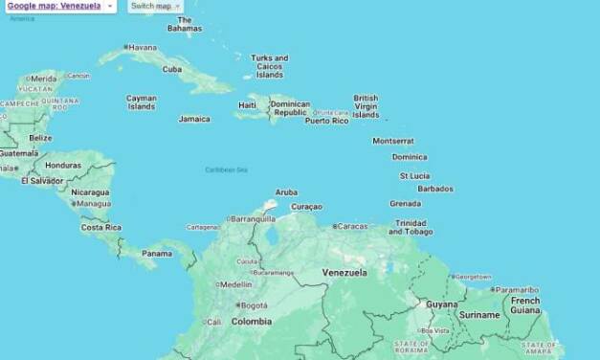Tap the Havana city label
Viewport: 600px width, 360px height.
click(x=143, y=47)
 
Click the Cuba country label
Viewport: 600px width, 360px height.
click(x=172, y=69)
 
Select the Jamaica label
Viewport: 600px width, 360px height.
click(x=194, y=120)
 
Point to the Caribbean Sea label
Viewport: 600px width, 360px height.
click(x=226, y=169)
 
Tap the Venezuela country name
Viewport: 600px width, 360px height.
click(x=344, y=273)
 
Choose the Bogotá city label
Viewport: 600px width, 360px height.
click(x=254, y=305)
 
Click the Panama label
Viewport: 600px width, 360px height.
click(x=156, y=254)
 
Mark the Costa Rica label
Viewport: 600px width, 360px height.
click(x=100, y=228)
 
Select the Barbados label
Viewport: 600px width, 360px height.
click(x=435, y=189)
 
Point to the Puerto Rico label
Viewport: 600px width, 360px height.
click(x=327, y=121)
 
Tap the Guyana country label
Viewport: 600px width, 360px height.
click(x=441, y=304)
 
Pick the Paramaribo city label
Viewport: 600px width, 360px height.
click(x=517, y=289)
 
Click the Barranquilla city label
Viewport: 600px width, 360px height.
click(x=253, y=218)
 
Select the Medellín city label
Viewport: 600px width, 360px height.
click(x=236, y=284)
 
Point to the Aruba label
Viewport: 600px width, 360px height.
click(x=286, y=192)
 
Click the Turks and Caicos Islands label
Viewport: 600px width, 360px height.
click(x=269, y=66)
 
